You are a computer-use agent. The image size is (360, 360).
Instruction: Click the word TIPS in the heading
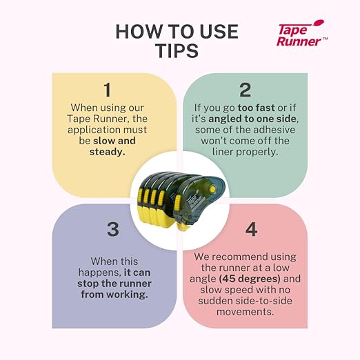tap(177, 50)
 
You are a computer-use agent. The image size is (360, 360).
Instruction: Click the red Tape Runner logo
tap(301, 33)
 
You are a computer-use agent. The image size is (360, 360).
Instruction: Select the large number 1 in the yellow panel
tap(108, 90)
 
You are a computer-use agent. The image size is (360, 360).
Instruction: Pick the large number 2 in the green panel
tap(245, 90)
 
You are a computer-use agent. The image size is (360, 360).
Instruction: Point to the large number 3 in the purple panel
tap(113, 229)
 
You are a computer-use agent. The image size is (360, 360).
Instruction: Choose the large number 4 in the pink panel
tap(251, 229)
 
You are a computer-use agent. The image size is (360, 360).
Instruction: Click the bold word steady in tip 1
tap(107, 152)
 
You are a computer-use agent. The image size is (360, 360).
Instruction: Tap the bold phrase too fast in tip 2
tap(256, 108)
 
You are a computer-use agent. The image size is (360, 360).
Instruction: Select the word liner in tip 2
tap(223, 152)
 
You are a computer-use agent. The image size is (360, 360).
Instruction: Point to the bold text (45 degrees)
tap(250, 279)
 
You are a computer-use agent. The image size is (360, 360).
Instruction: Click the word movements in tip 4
tap(245, 312)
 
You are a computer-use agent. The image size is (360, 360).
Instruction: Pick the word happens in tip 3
tap(99, 273)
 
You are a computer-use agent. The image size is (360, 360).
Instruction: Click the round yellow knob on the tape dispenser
tap(212, 189)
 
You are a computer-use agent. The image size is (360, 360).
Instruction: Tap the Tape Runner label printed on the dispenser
tap(194, 201)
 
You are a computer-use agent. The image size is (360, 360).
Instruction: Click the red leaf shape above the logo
tap(318, 23)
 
